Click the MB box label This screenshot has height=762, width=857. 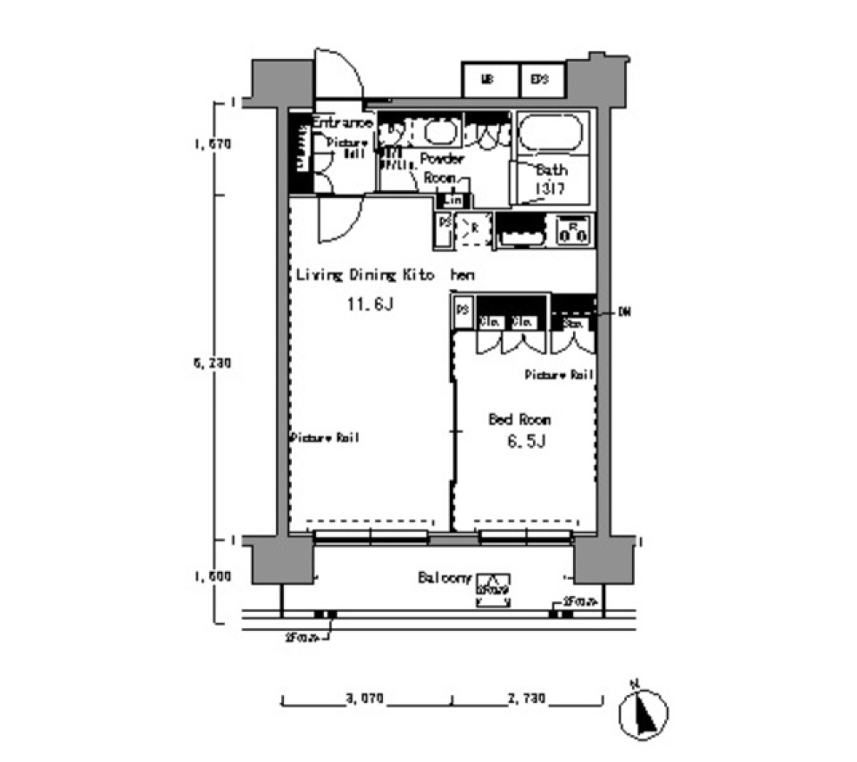click(488, 79)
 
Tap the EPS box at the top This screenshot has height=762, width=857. click(539, 79)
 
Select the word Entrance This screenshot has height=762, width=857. click(342, 123)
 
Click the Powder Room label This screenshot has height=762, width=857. click(442, 168)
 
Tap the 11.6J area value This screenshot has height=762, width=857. click(370, 305)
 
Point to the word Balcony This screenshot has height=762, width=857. click(444, 577)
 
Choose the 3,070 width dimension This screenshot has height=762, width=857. click(365, 700)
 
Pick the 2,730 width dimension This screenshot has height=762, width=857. click(526, 700)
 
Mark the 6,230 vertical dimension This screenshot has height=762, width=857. click(212, 364)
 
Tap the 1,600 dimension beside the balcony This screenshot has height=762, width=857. click(212, 577)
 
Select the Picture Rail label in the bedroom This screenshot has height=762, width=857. click(559, 375)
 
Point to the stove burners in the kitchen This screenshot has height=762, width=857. click(570, 231)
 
